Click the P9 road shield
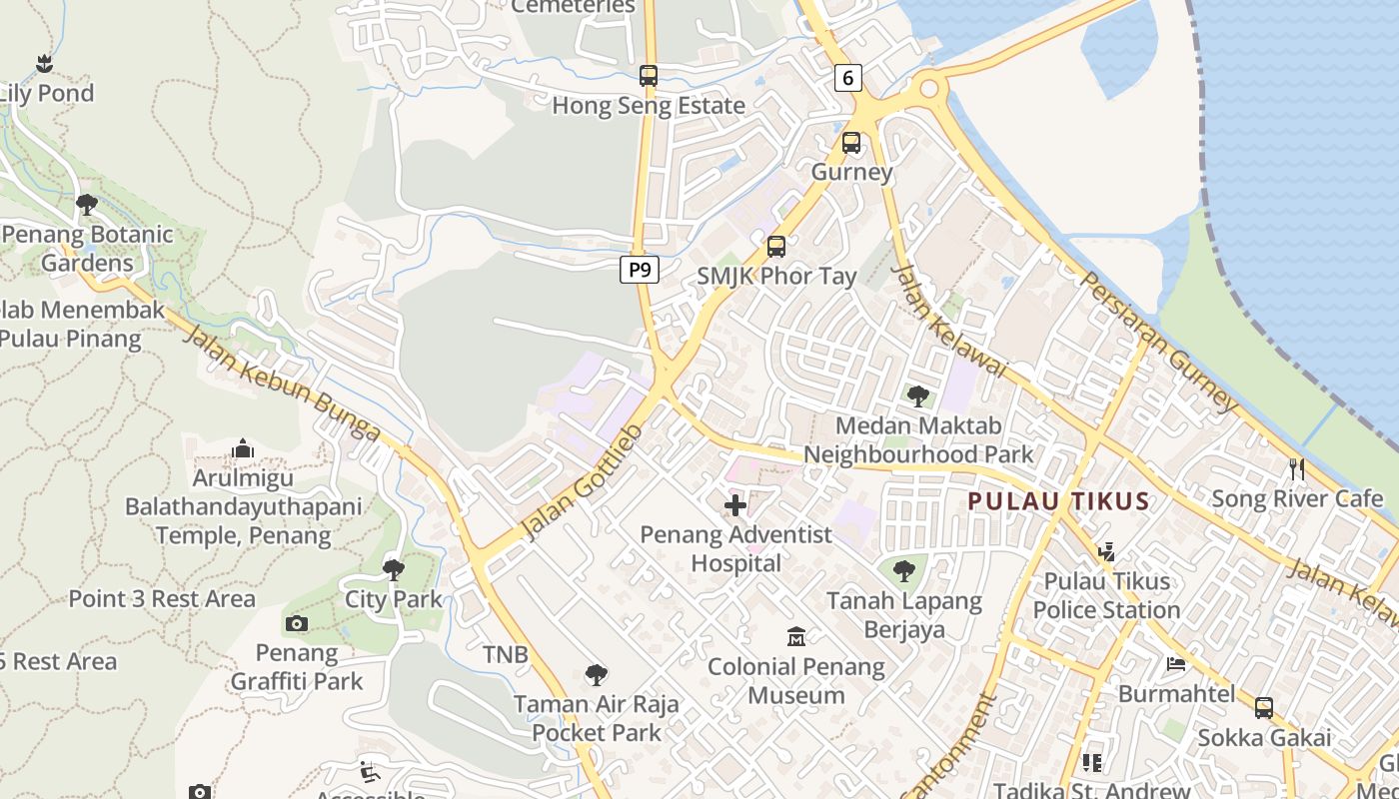coord(640,269)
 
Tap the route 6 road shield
coord(847,78)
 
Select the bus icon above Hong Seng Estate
coord(649,76)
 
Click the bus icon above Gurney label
coord(851,143)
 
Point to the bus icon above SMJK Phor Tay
coord(776,246)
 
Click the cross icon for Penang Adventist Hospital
coord(735,505)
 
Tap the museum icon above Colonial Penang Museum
coord(796,636)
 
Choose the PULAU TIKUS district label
coord(1058,500)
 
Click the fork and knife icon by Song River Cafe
coord(1297,469)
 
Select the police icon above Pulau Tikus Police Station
coord(1106,551)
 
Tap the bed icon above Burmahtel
coord(1176,664)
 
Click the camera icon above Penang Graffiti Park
coord(296,624)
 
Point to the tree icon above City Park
coord(394,570)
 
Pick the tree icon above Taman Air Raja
coord(597,674)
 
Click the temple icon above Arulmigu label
coord(242,449)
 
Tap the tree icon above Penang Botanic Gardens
coord(87,205)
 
